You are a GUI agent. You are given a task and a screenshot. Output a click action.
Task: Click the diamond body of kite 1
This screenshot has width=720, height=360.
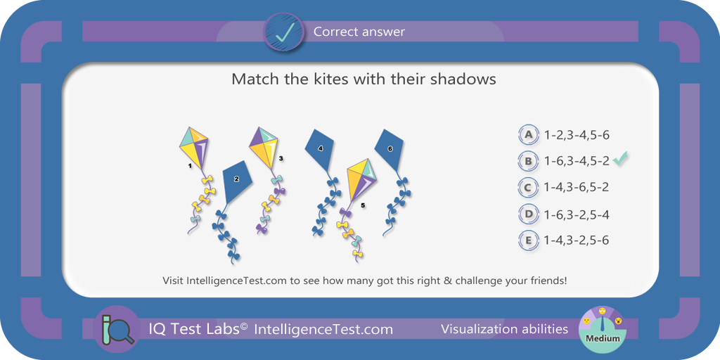click(x=193, y=148)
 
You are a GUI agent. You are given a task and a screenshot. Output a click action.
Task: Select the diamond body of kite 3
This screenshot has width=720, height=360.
click(x=264, y=148)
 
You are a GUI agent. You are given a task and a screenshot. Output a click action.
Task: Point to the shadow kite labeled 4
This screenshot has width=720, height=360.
click(x=321, y=149)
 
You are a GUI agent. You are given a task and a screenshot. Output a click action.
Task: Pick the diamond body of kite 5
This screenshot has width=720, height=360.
click(x=362, y=180)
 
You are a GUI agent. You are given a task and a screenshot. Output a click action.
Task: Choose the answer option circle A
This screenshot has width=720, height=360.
click(x=529, y=134)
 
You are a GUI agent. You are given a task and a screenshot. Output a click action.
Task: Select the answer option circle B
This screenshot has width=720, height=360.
click(x=529, y=161)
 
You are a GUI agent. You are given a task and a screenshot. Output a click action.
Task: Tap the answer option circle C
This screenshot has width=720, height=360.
click(x=529, y=187)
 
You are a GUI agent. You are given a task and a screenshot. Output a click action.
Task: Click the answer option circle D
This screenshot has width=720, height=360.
click(x=529, y=214)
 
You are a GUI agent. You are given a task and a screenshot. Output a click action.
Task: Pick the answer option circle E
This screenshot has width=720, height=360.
click(x=529, y=240)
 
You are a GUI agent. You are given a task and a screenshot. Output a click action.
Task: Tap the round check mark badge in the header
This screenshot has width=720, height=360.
click(x=283, y=32)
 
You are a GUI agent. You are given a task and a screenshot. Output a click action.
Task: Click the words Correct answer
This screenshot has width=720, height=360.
click(x=359, y=32)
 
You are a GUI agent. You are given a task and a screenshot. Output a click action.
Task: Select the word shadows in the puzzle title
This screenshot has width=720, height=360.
click(x=463, y=79)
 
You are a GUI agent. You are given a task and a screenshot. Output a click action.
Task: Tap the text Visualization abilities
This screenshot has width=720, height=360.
click(x=505, y=329)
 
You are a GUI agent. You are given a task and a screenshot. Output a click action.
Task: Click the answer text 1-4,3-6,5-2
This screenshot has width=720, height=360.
click(x=577, y=188)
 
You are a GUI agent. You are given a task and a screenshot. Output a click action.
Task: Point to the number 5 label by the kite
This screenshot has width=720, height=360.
click(x=363, y=206)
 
